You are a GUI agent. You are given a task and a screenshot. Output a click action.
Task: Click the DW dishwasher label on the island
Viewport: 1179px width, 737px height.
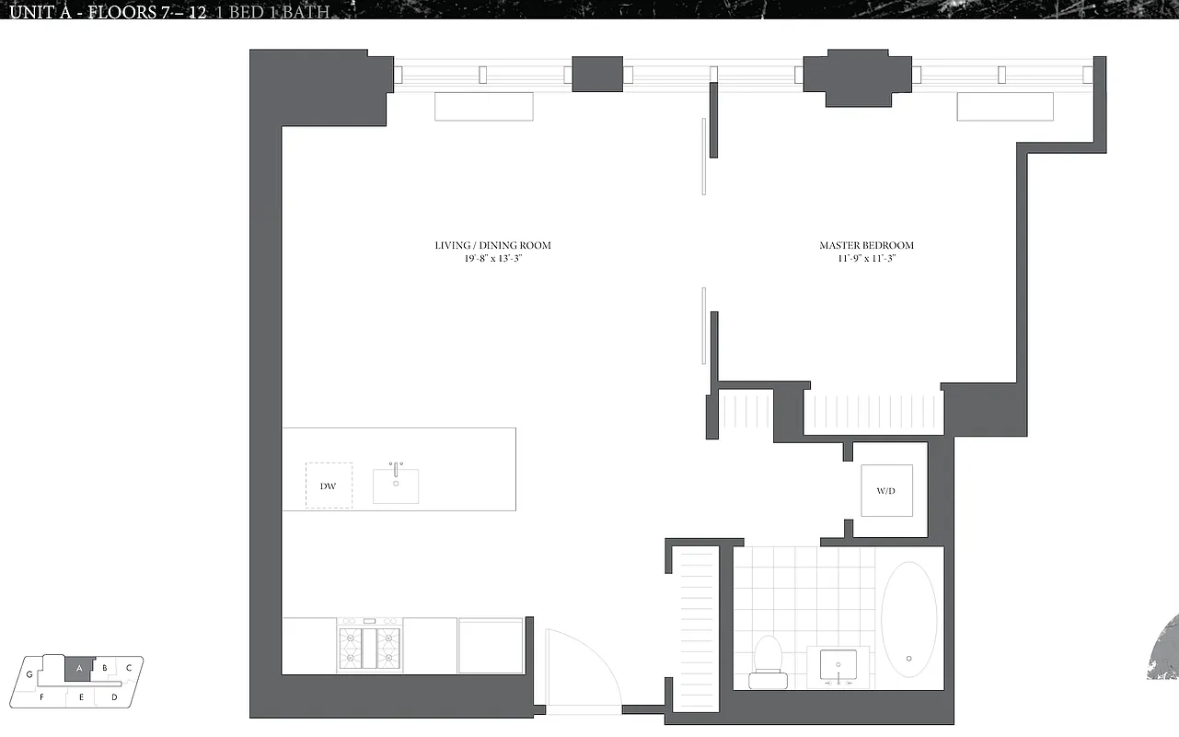[329, 485]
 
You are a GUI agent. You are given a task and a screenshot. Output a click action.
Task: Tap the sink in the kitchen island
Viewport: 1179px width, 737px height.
[396, 485]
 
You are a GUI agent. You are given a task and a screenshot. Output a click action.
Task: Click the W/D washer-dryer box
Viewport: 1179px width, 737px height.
[886, 490]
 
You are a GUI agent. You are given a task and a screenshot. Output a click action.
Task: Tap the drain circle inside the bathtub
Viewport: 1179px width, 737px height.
[909, 658]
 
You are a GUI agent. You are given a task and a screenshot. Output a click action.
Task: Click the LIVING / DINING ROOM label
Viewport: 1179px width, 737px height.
[493, 245]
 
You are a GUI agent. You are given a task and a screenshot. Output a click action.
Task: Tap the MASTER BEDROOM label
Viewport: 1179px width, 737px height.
[866, 245]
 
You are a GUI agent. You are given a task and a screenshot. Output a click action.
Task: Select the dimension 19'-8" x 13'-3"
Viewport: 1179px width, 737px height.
[493, 259]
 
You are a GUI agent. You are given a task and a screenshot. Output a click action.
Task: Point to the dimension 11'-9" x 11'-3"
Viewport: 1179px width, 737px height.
[866, 259]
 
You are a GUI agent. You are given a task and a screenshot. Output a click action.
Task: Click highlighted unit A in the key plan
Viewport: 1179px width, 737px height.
[80, 668]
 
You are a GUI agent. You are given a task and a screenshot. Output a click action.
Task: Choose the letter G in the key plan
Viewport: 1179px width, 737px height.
[29, 674]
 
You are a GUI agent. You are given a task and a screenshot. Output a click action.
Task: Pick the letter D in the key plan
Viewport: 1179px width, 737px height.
[114, 697]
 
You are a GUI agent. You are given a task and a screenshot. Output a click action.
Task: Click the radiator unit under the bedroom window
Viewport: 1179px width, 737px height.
[1004, 107]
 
